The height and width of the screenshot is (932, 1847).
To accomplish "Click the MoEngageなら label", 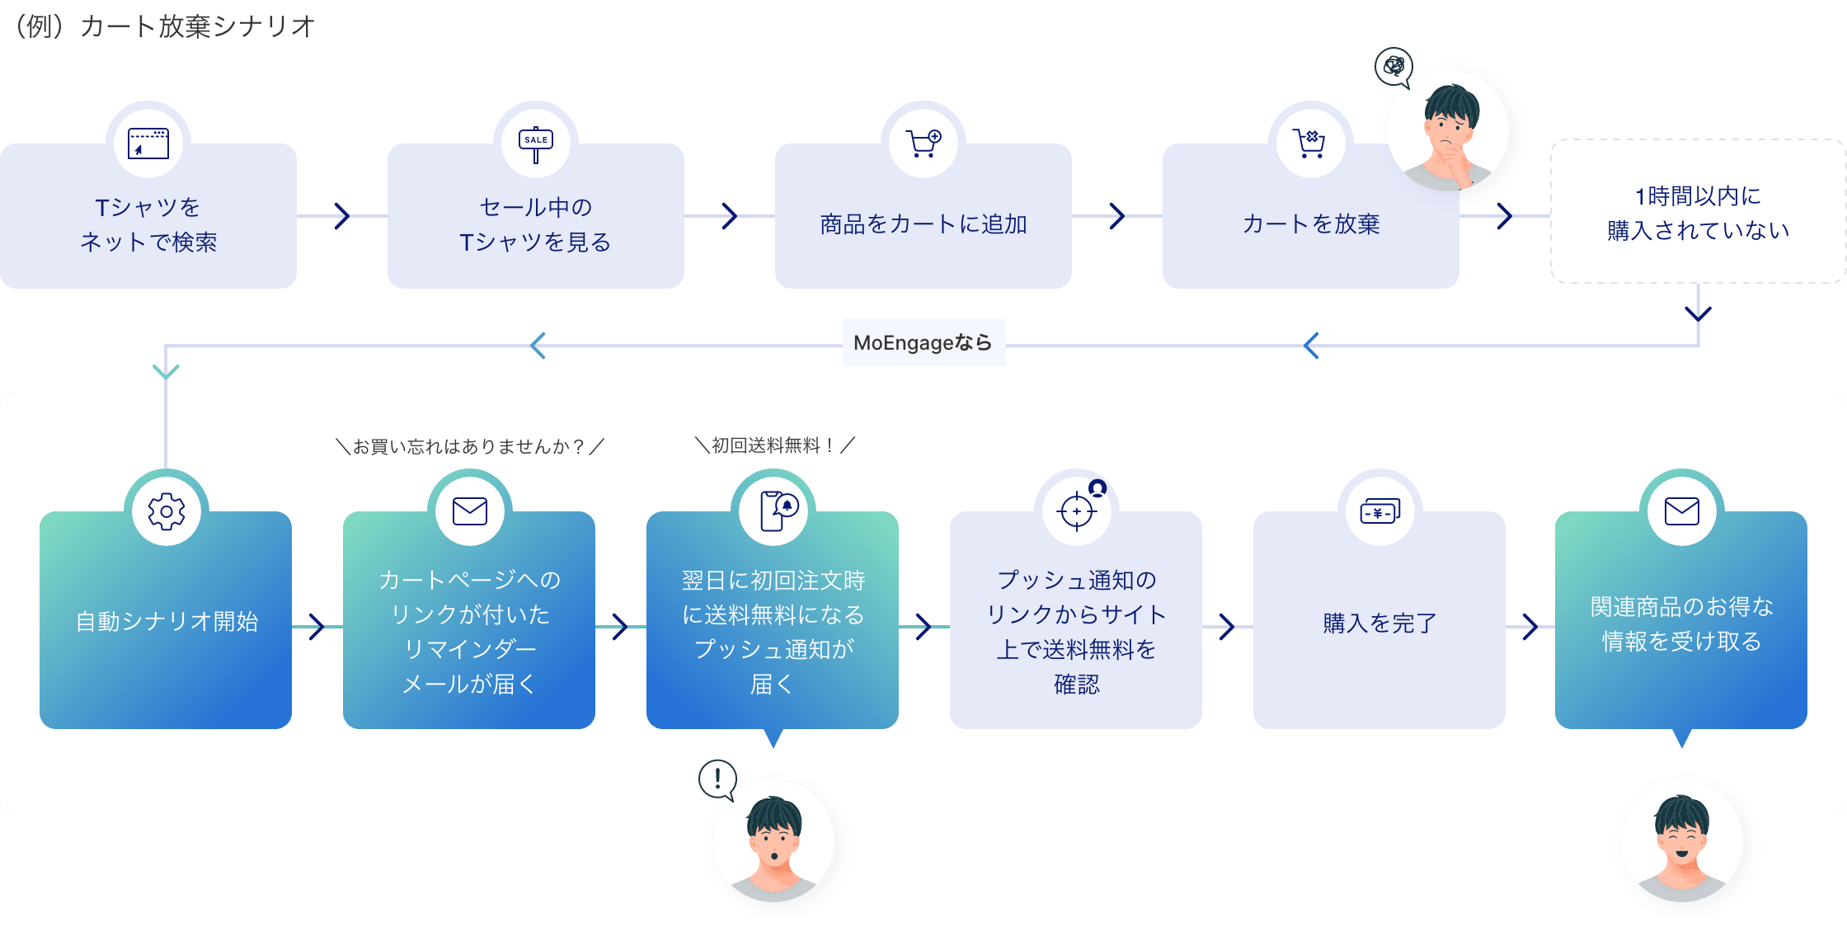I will coord(923,342).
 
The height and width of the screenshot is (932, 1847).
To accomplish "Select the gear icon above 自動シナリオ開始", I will coord(167,511).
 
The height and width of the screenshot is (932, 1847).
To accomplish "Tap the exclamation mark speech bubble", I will coord(717,779).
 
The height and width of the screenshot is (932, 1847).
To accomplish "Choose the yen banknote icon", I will coord(1379,511).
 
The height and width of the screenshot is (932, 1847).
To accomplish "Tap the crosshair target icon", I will coord(1077,511).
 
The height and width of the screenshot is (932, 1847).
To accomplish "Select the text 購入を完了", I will coord(1379,623).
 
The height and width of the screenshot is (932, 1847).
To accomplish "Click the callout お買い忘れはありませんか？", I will coord(470,446).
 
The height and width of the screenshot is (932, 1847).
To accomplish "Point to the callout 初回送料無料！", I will coord(774,445).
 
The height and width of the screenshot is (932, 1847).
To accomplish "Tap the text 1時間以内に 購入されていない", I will coord(1698,213).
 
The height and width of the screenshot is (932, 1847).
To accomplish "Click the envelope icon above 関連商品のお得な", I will coord(1682,511).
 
